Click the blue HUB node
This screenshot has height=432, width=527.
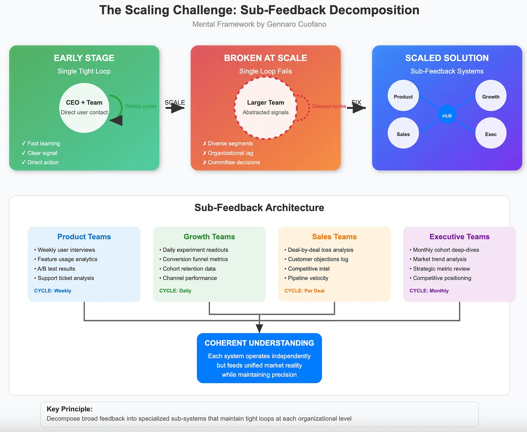(x=447, y=116)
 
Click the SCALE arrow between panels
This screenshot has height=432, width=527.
(x=175, y=107)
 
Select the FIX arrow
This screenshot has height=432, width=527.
(x=357, y=107)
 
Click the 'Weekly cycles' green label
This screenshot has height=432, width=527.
(x=140, y=106)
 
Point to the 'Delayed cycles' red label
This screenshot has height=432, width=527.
(x=329, y=106)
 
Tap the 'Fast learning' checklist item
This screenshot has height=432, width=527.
(x=43, y=143)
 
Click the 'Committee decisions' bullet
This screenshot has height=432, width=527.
(x=233, y=162)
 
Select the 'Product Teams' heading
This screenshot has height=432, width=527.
(x=84, y=237)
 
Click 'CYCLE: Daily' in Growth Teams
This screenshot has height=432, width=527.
(x=175, y=291)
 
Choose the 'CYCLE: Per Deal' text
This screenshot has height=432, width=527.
(x=304, y=291)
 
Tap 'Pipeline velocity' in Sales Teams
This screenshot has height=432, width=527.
(x=308, y=278)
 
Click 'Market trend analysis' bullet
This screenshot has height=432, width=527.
(x=439, y=259)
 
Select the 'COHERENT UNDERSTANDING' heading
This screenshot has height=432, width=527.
(x=259, y=343)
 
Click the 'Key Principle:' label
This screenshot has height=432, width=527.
(x=69, y=409)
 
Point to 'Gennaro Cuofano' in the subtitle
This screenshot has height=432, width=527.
(x=296, y=24)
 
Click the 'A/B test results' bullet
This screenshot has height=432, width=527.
(x=56, y=268)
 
